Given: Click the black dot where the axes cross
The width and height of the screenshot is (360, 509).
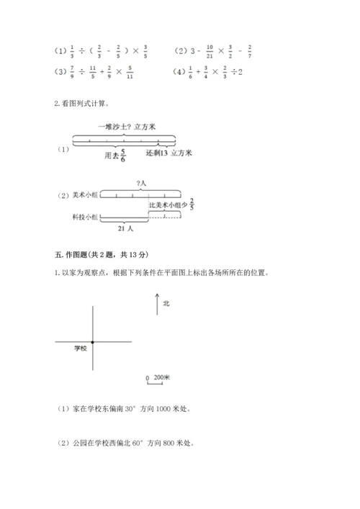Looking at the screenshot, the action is coord(92,341).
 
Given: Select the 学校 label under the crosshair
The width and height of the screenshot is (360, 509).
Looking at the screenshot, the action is coord(80,348).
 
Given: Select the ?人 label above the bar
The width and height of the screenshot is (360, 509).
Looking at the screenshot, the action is coord(141,184).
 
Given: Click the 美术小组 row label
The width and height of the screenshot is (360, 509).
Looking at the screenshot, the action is coord(86,194).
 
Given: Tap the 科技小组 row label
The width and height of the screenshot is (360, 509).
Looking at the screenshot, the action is coord(86,216).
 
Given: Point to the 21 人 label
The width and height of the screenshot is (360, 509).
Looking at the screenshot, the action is coord(125,229).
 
